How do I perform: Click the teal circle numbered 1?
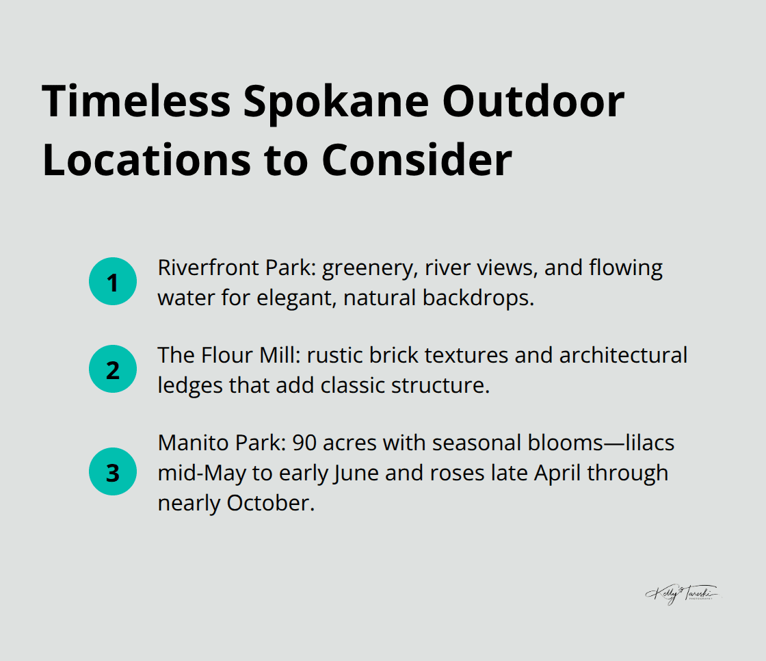[113, 282]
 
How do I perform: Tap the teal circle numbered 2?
[113, 370]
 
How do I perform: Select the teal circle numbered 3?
[113, 472]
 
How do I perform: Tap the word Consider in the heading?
[417, 160]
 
